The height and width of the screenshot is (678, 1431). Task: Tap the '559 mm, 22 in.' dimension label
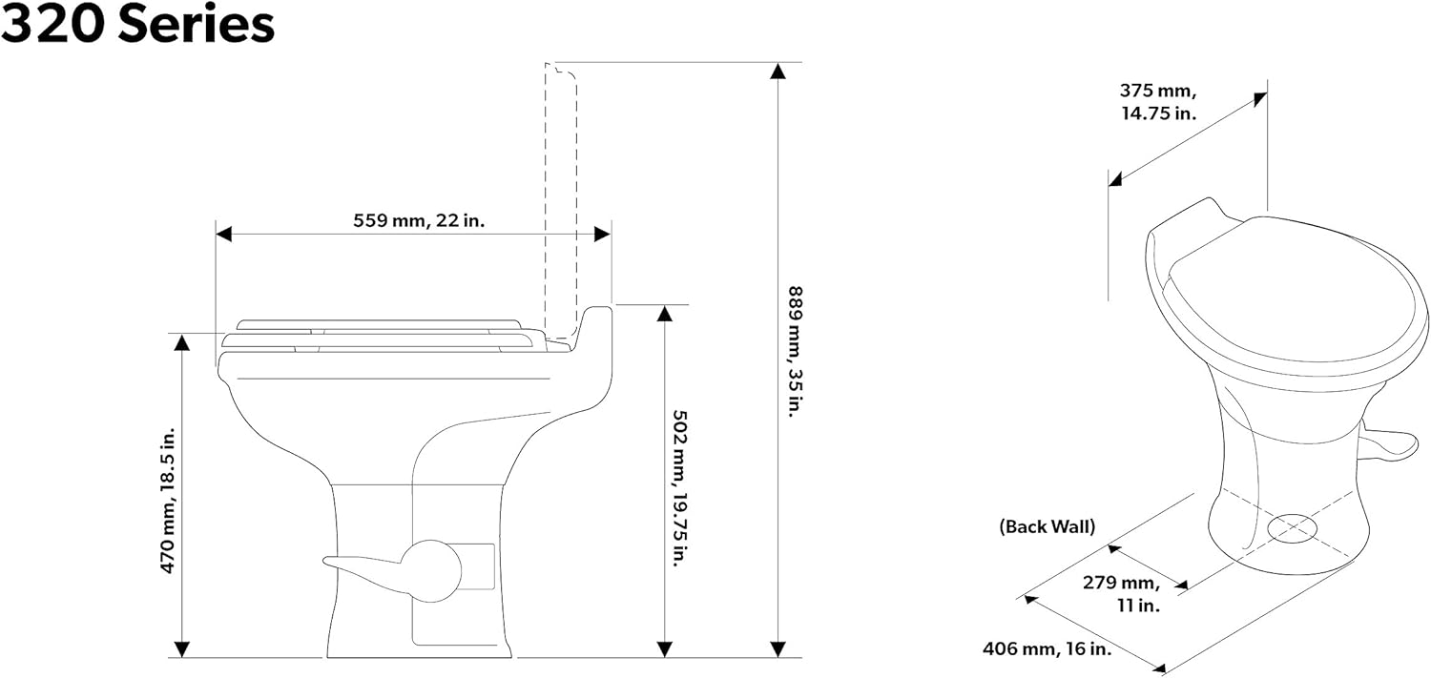tap(419, 221)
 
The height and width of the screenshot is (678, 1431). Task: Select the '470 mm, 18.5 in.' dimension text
tap(167, 501)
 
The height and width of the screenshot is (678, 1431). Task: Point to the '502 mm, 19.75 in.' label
tap(681, 488)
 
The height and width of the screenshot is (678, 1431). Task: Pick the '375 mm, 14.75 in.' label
tap(1158, 101)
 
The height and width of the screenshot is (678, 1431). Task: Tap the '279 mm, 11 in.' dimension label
tap(1121, 593)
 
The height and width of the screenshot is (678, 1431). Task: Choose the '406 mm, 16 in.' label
tap(1047, 648)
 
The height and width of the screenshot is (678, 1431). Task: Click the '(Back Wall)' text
tap(1047, 526)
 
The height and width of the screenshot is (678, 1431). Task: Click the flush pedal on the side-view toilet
tap(393, 570)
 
